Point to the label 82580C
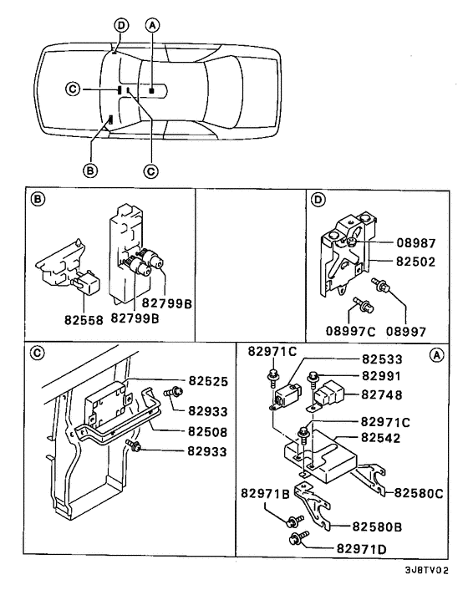[419, 492]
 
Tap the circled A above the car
[152, 25]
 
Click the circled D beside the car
[121, 25]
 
